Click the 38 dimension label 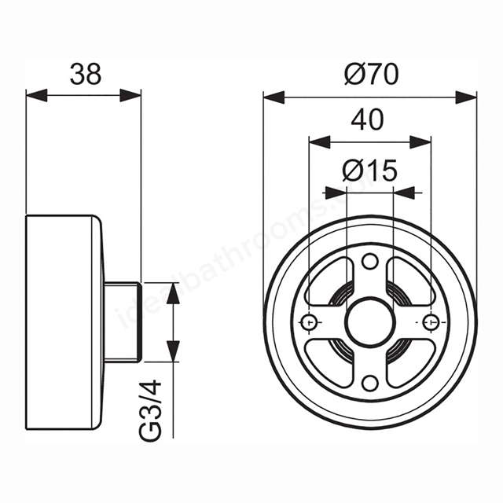(86, 75)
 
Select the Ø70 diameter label (372, 74)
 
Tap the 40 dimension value (367, 119)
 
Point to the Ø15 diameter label (369, 171)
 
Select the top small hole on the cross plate (369, 261)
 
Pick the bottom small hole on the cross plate (369, 382)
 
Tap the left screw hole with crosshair (310, 321)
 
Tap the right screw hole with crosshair (430, 321)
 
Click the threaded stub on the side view (123, 322)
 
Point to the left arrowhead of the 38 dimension (37, 95)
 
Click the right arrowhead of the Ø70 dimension (466, 97)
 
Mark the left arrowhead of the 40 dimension (319, 141)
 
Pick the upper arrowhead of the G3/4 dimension (173, 293)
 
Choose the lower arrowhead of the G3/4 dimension (173, 351)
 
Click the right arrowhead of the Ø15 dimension (404, 193)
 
